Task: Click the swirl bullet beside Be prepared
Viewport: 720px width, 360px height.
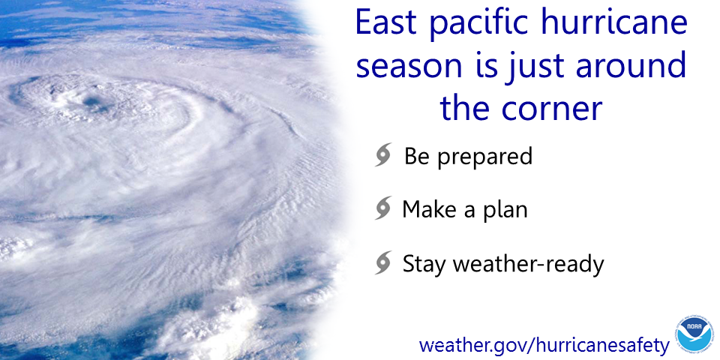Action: click(383, 154)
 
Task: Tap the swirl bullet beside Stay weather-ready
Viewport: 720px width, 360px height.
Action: click(383, 262)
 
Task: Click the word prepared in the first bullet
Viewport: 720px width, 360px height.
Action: click(485, 158)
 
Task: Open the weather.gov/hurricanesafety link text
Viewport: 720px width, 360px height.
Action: click(544, 345)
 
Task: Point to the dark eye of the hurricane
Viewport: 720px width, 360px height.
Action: click(93, 102)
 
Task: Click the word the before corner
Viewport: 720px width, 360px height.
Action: click(465, 108)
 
